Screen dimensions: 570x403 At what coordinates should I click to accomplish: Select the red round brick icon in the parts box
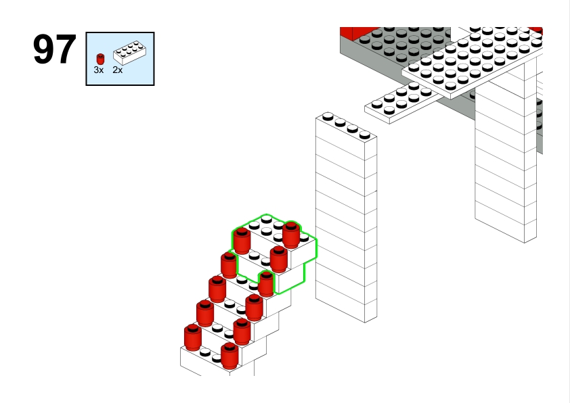coord(100,59)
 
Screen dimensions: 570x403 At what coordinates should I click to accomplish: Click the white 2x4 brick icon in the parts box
coord(130,53)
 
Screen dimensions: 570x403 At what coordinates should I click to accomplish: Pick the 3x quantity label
coord(99,70)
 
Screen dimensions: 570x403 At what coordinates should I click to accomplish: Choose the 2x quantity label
coord(117,70)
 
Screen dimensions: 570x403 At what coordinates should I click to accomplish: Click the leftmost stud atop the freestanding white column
coord(328,116)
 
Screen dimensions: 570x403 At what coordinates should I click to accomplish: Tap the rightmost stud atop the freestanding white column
coord(365,135)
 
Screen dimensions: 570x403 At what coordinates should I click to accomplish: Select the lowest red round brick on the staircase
coord(229,356)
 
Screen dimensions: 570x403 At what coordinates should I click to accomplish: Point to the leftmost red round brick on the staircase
coord(193,337)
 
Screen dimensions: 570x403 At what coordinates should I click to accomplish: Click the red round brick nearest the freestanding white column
coord(291,235)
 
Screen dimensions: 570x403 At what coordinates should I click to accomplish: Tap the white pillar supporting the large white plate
coord(505,160)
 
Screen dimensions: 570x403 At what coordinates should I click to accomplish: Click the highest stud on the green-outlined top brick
coord(267,219)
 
